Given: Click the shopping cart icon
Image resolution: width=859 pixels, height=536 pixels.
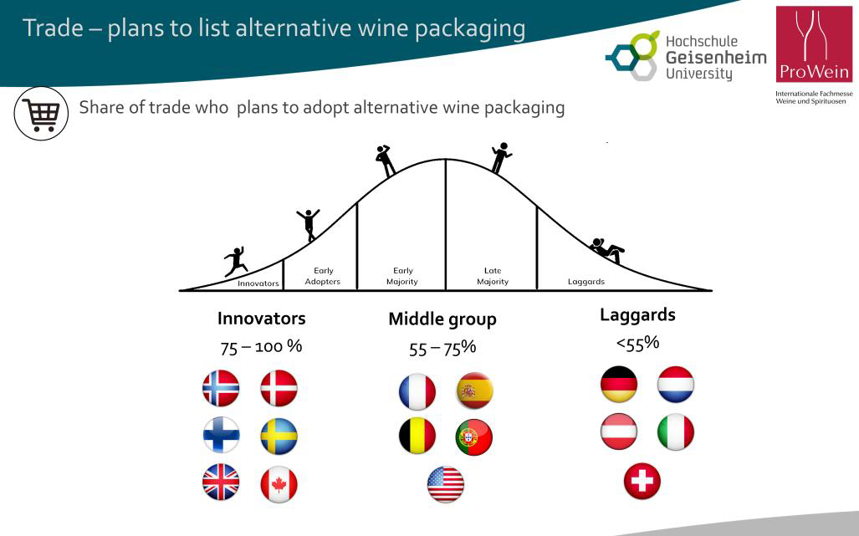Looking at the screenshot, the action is point(41,114).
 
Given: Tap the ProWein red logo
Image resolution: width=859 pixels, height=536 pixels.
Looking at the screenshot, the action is point(814,44).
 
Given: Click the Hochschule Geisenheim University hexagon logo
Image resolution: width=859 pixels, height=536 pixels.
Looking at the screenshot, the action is point(631,56).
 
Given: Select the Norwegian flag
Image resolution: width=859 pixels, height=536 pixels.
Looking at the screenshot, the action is point(221,388).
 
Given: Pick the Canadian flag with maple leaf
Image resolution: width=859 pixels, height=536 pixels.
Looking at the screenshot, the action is point(279,484).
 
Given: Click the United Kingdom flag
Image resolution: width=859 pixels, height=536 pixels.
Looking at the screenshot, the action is point(221,482).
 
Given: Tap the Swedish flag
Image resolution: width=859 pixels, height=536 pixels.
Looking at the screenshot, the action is point(279,436).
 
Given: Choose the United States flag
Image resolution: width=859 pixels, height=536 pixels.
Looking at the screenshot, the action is point(445,484).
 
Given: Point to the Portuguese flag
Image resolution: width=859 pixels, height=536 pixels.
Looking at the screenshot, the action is point(474,437).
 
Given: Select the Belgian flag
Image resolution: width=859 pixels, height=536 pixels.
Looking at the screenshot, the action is point(417,436).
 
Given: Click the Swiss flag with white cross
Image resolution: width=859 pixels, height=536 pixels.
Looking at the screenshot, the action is point(642,482).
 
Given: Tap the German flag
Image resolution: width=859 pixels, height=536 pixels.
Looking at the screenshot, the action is point(619,385).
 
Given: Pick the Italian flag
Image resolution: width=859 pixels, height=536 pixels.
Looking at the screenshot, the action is point(676,432).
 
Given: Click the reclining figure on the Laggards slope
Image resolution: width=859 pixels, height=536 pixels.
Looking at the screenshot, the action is point(607,250).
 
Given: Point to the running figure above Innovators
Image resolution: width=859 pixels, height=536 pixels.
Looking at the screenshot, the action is point(236,262).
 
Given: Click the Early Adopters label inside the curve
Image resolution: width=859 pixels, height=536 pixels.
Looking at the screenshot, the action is point(323,276).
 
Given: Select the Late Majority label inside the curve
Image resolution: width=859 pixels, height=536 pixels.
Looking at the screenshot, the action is point(493,276).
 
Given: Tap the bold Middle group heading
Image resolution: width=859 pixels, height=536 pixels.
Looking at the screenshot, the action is point(442,319).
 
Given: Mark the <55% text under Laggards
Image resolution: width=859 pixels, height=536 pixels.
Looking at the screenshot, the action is point(637,344).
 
